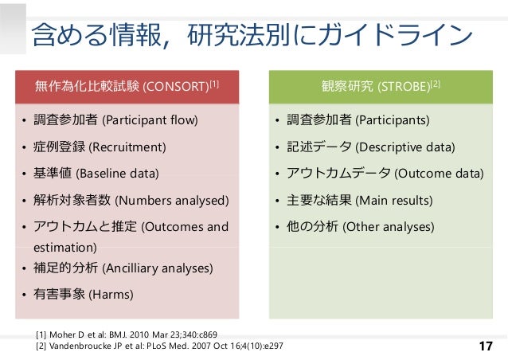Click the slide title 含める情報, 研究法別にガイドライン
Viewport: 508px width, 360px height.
point(247,34)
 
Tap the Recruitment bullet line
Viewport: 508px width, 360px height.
point(100,147)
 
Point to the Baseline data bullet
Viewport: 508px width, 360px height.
point(96,174)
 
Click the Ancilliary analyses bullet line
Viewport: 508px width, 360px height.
point(123,268)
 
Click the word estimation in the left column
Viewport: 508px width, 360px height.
point(61,248)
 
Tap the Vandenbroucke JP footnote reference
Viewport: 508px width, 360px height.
point(158,346)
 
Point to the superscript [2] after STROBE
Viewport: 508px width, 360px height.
point(436,82)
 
